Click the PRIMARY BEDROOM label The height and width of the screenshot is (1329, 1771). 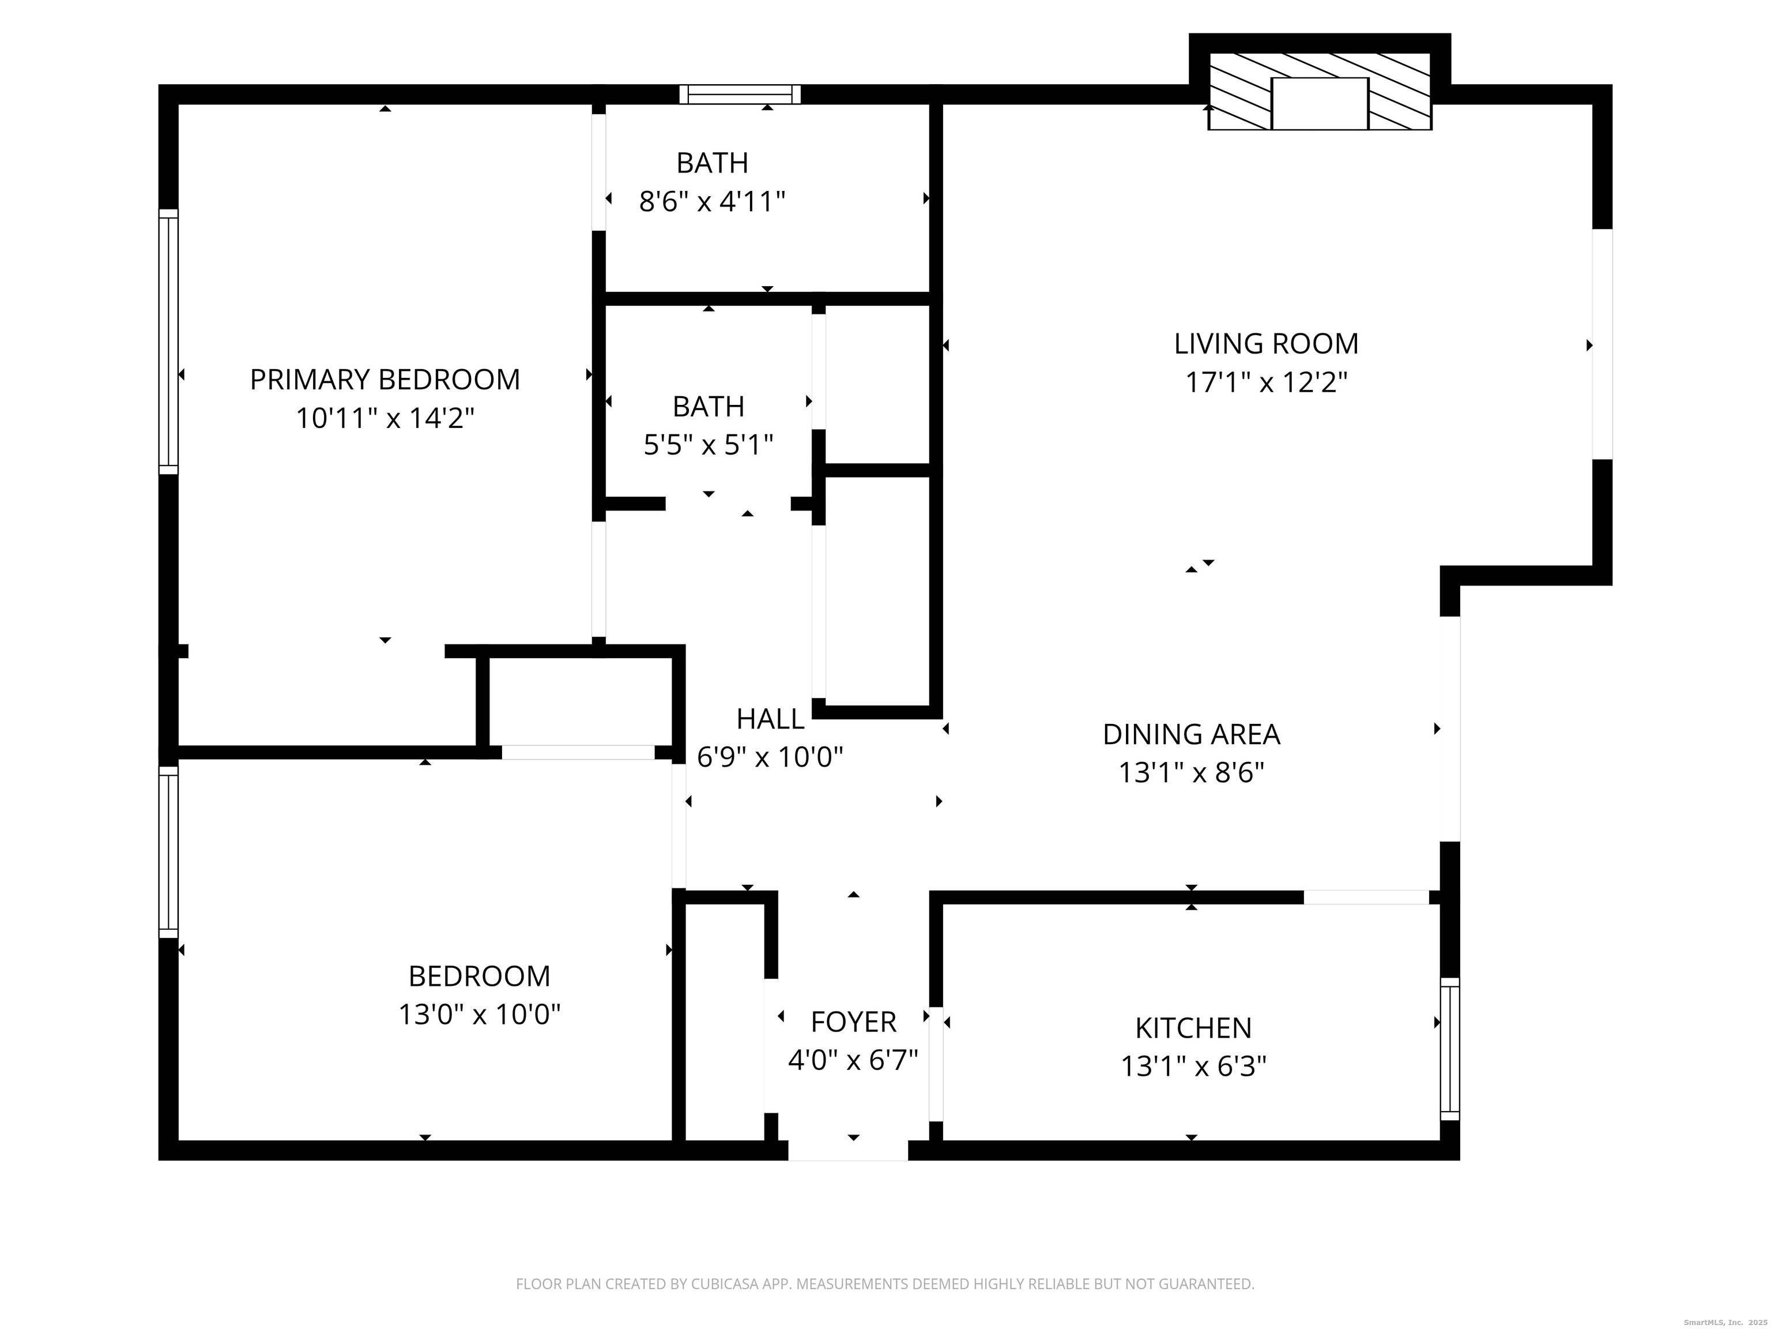coord(385,379)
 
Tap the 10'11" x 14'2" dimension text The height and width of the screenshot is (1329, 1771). coord(385,418)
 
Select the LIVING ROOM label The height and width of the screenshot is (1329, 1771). coord(1267,344)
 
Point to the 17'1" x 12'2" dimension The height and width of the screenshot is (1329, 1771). coord(1267,382)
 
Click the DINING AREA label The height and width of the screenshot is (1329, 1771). coord(1192,734)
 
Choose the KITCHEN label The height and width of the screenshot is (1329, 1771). coord(1193,1028)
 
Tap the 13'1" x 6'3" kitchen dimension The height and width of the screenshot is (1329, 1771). coord(1193,1066)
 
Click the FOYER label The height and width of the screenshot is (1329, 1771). coord(853,1022)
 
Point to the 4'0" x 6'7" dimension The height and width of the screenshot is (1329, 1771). coord(853,1060)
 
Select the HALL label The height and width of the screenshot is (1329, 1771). coord(770,719)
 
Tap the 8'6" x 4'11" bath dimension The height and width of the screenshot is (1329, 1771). coord(712,201)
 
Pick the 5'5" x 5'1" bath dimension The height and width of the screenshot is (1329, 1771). coord(709,445)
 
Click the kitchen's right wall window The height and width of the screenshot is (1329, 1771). coord(1450,1049)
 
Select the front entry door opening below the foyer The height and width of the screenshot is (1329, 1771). coord(849,1150)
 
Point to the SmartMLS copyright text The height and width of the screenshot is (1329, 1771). coord(1725,1322)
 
